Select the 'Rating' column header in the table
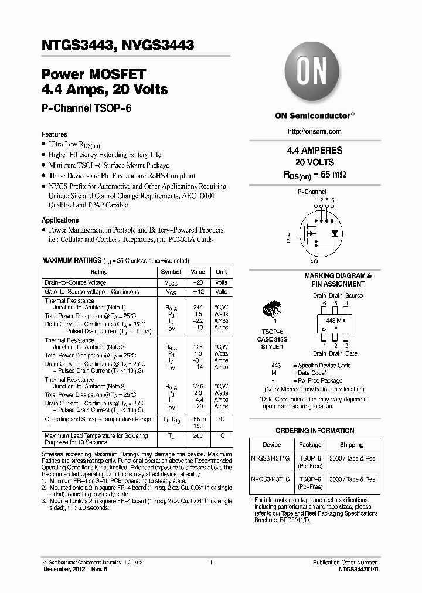point(99,272)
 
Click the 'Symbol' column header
point(171,272)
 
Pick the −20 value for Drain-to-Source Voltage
point(198,282)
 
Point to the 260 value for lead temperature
point(198,435)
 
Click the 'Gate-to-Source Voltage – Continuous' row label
point(92,292)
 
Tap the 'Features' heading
point(54,134)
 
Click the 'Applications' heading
point(60,220)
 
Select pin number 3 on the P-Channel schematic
point(288,236)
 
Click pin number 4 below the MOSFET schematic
point(312,261)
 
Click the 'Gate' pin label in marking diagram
point(350,353)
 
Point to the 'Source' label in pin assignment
point(353,296)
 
